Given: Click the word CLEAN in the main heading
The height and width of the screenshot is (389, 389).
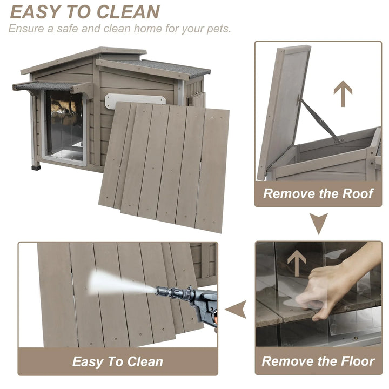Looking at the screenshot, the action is coord(128,12).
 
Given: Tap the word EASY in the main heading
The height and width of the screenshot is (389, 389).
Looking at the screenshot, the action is coord(35,12).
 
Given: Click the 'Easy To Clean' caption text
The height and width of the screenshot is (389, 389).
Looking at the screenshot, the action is coord(118,361).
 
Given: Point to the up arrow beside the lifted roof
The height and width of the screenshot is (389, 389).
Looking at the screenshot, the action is coord(343,93).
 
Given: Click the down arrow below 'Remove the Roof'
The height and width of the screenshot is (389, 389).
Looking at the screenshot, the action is coord(319,223).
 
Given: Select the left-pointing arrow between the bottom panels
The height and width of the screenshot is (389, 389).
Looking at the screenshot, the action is coord(236,310).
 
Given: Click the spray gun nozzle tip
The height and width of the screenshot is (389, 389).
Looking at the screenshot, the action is coord(157,291).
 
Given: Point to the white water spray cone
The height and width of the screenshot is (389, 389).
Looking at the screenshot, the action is coord(122,283).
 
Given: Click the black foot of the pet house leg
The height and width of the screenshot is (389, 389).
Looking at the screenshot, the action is coord(36,167).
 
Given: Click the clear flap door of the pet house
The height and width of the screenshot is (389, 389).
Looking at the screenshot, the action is coord(65,126).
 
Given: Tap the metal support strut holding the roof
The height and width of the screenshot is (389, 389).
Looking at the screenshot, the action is coord(319,119).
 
